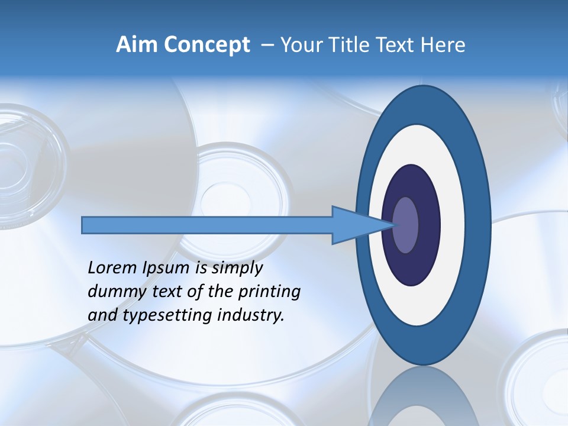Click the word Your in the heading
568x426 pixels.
point(301,46)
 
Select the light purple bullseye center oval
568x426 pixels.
point(406,225)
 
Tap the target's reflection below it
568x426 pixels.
point(422,396)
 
